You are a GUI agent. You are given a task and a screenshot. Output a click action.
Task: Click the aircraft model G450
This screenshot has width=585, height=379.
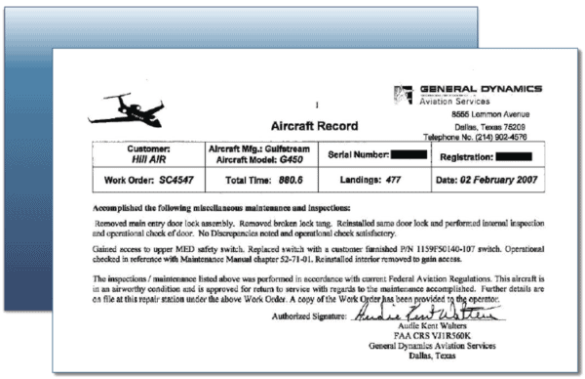pyautogui.click(x=290, y=157)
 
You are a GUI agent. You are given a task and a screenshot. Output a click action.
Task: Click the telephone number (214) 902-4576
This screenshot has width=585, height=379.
pyautogui.click(x=504, y=138)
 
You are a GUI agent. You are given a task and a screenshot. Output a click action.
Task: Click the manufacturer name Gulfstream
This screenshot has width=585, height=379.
pyautogui.click(x=298, y=147)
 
